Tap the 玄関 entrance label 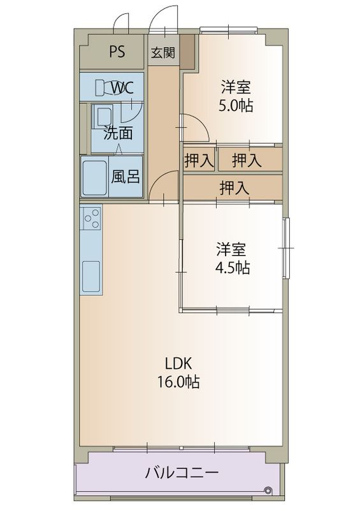162,53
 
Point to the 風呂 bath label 125,177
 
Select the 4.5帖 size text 232,268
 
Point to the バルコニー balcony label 182,473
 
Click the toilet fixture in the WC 102,88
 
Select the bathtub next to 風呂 95,177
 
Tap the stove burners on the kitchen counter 90,219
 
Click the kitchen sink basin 90,275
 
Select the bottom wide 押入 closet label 234,187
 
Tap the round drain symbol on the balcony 267,490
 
